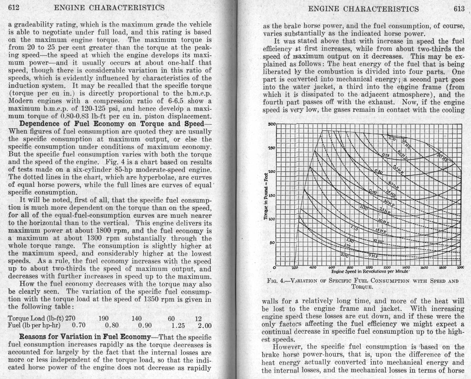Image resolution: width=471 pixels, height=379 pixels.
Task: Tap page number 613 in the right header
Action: pyautogui.click(x=459, y=9)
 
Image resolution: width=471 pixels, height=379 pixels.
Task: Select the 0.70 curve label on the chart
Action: pyautogui.click(x=392, y=139)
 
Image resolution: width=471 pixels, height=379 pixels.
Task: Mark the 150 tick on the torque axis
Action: pyautogui.click(x=271, y=195)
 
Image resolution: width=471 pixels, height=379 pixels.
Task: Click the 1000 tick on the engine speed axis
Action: pyautogui.click(x=369, y=267)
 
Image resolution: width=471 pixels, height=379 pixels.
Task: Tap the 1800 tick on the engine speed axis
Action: pyautogui.click(x=443, y=267)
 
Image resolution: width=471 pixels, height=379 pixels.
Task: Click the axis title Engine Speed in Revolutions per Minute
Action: pyautogui.click(x=370, y=271)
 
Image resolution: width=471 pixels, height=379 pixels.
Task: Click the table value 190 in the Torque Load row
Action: pyautogui.click(x=104, y=318)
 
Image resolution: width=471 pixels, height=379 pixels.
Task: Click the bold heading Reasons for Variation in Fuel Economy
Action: pyautogui.click(x=85, y=337)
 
